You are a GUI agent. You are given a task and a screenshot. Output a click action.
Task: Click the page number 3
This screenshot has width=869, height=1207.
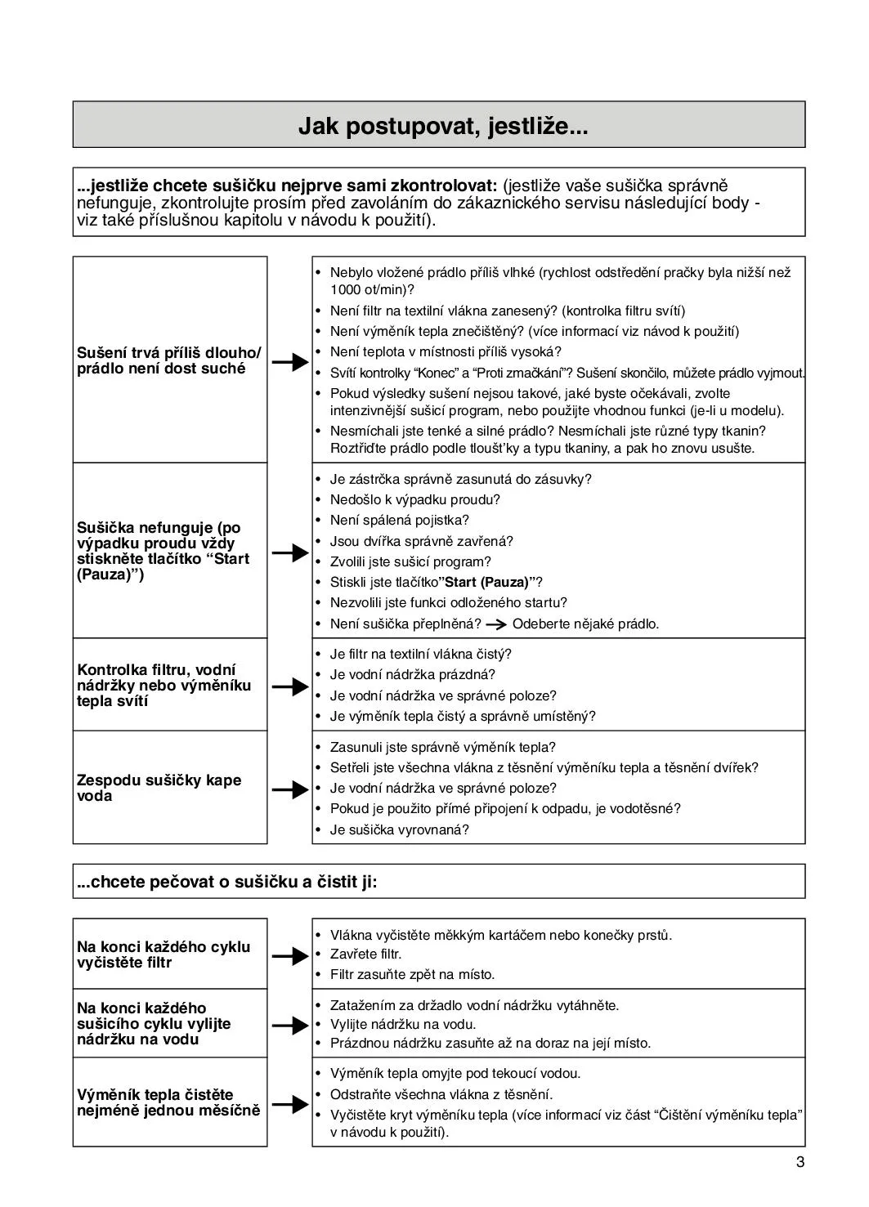point(800,1163)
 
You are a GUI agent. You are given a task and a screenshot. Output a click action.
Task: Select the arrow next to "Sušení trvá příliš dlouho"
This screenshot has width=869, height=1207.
point(289,361)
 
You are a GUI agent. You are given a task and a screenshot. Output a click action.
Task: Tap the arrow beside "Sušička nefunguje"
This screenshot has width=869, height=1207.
point(289,552)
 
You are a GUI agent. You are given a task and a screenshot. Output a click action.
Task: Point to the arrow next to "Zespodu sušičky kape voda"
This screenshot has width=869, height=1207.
point(289,789)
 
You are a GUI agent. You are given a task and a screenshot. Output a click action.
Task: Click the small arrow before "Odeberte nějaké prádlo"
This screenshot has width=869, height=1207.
point(495,624)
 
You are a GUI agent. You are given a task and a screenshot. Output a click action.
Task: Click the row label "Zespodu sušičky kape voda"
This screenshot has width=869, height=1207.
point(159,788)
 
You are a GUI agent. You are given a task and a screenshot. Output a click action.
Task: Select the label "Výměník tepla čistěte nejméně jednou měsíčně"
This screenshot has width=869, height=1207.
point(168,1102)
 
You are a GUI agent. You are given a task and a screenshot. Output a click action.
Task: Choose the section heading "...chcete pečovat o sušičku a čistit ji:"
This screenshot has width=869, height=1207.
point(227,882)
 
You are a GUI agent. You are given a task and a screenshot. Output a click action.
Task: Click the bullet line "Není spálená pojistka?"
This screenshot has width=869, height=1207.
point(399,520)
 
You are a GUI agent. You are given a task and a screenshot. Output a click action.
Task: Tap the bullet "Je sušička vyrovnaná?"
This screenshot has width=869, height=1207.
point(399,829)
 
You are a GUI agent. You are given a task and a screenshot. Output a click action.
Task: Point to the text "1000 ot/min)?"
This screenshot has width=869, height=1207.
point(372,289)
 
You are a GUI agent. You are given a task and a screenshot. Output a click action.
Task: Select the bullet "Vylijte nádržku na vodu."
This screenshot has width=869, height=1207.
point(402,1024)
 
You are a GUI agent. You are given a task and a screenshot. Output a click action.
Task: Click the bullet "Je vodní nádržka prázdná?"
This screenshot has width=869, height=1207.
point(412,674)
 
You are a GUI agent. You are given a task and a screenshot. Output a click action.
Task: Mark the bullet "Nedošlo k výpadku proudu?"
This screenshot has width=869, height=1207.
point(414,499)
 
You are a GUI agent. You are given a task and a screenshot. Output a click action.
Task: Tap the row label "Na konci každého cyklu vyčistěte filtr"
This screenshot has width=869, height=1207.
point(163,954)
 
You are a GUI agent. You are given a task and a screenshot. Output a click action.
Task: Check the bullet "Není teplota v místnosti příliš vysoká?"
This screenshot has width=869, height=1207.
point(446,351)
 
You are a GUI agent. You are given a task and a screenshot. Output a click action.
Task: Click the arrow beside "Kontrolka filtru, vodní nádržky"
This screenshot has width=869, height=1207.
point(289,686)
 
